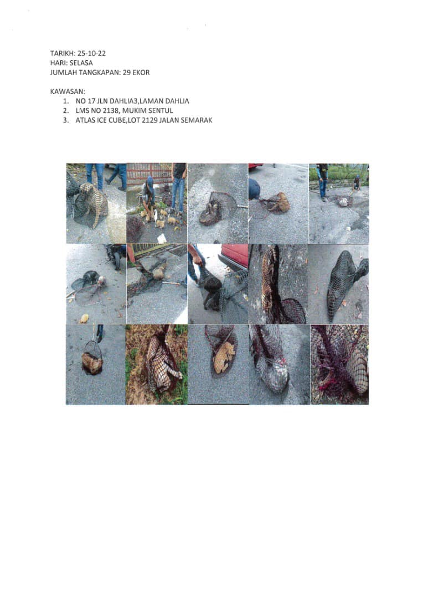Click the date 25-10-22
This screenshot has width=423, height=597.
coord(91,53)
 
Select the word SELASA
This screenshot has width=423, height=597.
coord(81,63)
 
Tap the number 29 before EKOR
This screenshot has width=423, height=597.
coord(127,72)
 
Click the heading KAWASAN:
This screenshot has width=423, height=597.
coord(68,91)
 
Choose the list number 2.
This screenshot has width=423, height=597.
coord(66,111)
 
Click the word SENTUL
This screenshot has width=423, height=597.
coord(160,111)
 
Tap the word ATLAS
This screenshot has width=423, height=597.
coord(84,120)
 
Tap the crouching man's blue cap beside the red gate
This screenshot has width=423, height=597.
coord(150,181)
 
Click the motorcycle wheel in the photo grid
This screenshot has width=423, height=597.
coord(116,260)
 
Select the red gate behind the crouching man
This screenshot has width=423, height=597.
coord(149,173)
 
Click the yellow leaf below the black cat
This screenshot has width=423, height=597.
coord(84,318)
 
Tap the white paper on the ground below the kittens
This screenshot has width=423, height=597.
coord(162,238)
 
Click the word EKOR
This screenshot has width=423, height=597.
coord(141,72)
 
